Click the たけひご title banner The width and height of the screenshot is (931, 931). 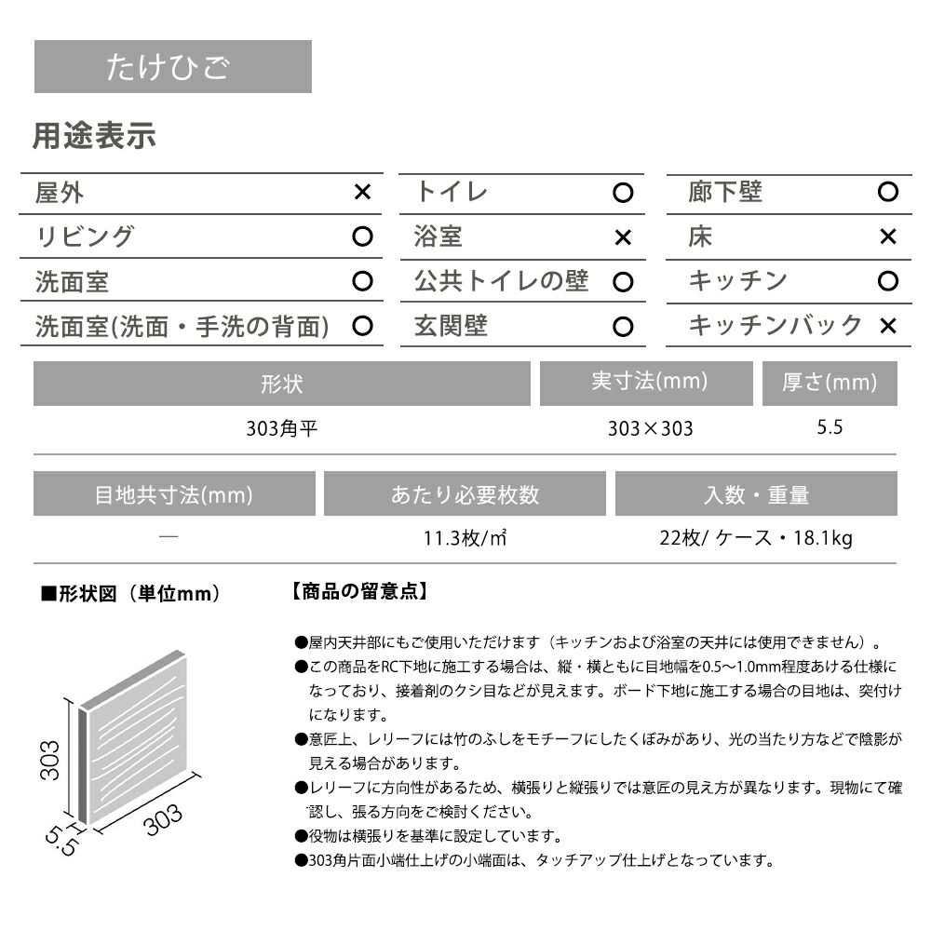click(x=172, y=67)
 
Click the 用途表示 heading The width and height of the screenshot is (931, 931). click(x=94, y=137)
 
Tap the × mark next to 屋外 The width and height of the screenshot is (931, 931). click(x=363, y=193)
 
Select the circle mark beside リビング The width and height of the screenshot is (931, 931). click(x=363, y=236)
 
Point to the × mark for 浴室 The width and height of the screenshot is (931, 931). click(x=623, y=237)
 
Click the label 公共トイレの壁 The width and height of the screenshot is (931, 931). click(x=501, y=281)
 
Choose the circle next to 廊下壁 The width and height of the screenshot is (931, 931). click(x=887, y=193)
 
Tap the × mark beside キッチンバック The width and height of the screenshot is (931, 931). click(x=887, y=326)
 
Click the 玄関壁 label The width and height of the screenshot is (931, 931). click(x=451, y=326)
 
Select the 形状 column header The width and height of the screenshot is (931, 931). click(x=282, y=385)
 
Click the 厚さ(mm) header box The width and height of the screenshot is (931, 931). click(x=830, y=383)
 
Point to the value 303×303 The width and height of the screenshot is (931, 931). click(x=650, y=429)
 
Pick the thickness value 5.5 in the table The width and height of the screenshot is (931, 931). click(x=829, y=428)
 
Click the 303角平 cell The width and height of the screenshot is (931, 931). click(x=282, y=429)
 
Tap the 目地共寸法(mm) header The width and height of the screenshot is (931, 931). click(x=174, y=494)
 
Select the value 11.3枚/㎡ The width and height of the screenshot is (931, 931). click(x=465, y=539)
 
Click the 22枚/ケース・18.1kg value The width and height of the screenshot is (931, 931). click(x=755, y=539)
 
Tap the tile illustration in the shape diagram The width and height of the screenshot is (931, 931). click(x=140, y=726)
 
